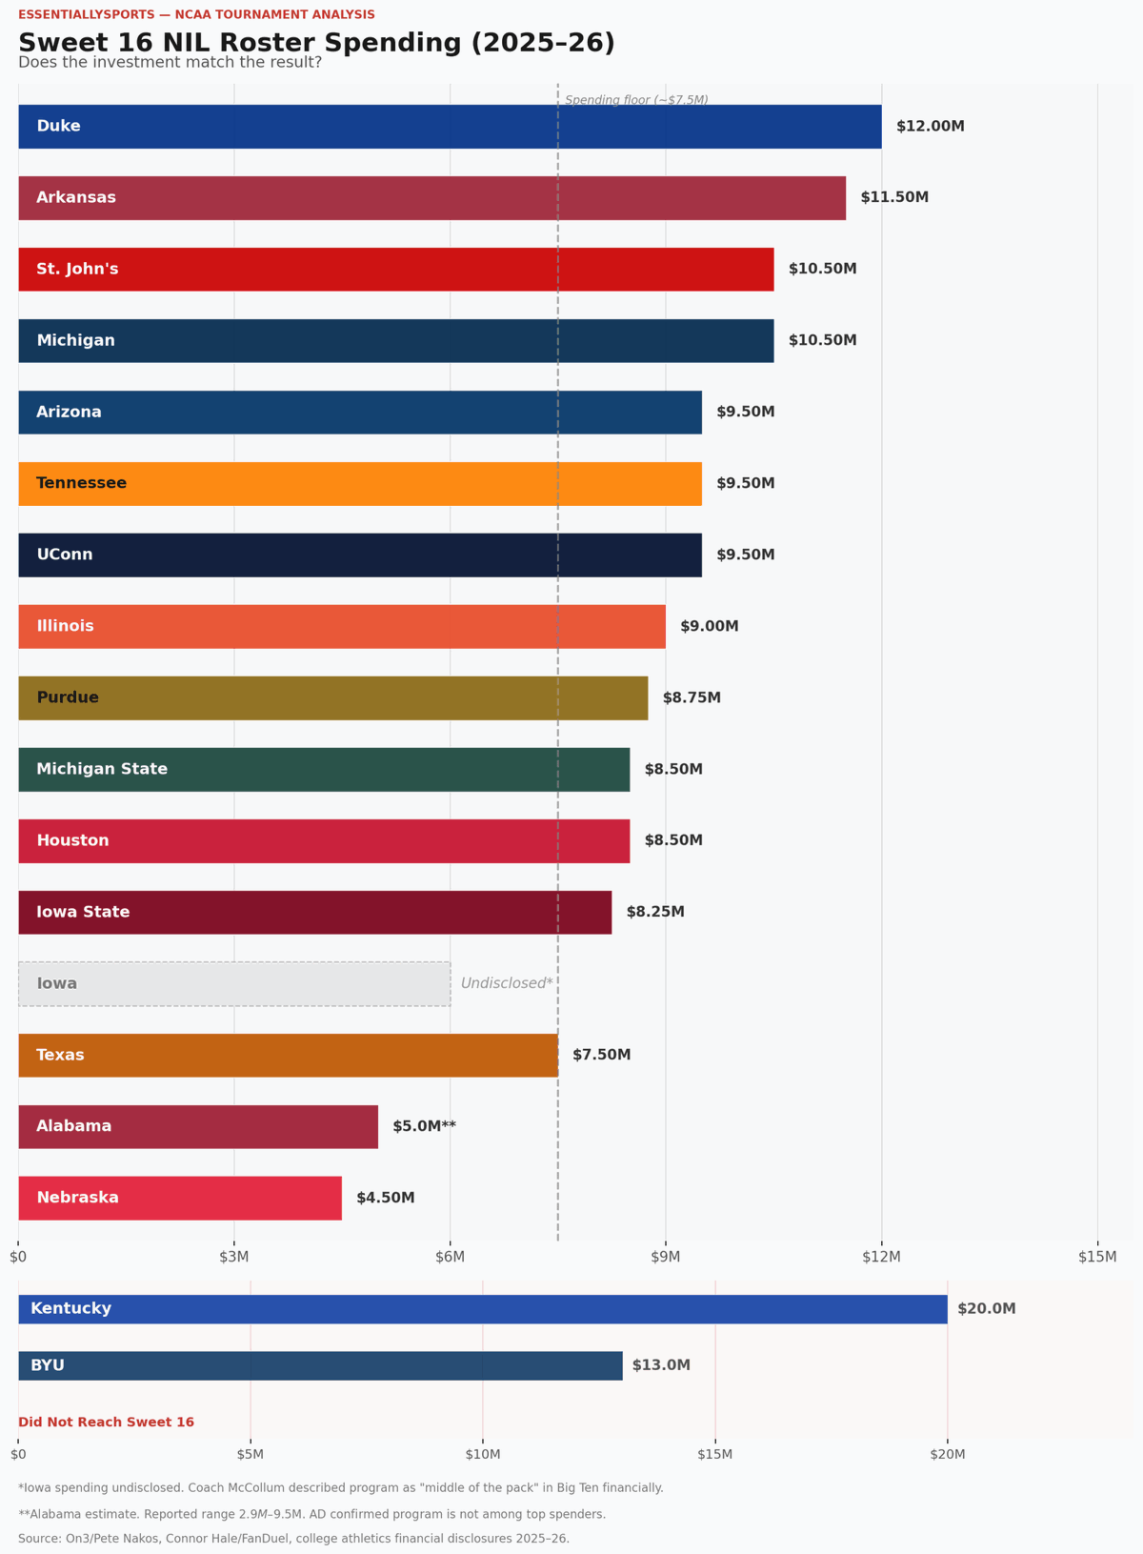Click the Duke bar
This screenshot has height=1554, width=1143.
tap(450, 127)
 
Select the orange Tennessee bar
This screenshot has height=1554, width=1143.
tap(360, 484)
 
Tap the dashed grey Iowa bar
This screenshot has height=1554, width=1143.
tap(234, 984)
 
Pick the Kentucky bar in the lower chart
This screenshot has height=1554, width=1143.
tap(482, 1309)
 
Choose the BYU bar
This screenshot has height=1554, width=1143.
tap(320, 1365)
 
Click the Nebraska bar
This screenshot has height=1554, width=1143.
tap(180, 1199)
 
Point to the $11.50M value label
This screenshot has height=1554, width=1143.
tap(894, 198)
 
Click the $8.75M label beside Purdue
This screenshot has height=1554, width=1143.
tap(692, 698)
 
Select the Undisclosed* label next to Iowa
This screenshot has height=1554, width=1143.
tap(507, 984)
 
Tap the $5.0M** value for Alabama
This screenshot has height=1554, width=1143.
tap(424, 1127)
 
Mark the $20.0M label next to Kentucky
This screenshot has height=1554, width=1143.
tap(986, 1309)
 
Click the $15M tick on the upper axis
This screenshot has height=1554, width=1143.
tap(1097, 1258)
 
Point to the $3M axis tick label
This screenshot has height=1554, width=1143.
tap(234, 1258)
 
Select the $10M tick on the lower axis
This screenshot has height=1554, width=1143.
tap(483, 1454)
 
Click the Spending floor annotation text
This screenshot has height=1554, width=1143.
tap(636, 100)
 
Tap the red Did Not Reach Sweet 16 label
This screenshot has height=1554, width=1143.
tap(106, 1423)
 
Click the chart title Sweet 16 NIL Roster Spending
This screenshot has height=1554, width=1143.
tap(316, 43)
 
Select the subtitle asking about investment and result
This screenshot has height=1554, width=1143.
tap(170, 63)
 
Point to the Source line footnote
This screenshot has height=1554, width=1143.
tap(293, 1539)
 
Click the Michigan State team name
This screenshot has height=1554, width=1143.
tap(102, 770)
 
